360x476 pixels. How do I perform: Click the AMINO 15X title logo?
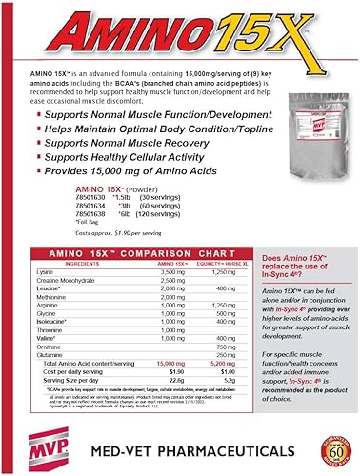click(180, 30)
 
